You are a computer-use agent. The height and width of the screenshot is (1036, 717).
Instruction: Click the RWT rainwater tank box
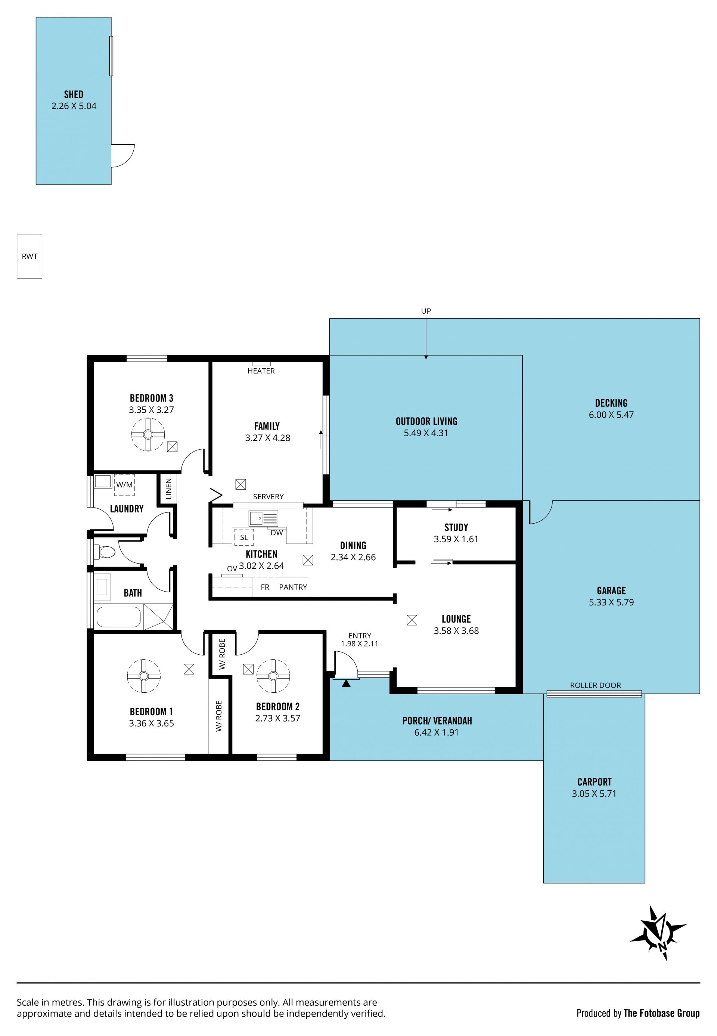[29, 256]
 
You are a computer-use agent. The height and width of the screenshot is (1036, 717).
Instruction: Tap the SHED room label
[74, 94]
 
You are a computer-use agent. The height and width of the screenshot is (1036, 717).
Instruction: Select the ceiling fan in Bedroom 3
[148, 434]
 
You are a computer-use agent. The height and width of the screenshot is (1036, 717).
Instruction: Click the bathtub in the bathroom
[119, 617]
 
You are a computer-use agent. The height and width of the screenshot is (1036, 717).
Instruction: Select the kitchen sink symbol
[264, 518]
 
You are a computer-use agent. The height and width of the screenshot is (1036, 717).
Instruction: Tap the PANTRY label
[293, 587]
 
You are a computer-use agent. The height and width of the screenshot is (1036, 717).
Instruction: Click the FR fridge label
[265, 587]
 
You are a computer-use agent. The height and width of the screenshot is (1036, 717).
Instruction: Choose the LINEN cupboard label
[169, 489]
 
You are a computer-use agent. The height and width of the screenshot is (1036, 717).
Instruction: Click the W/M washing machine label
[124, 485]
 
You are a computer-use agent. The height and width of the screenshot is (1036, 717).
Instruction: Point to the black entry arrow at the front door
[346, 684]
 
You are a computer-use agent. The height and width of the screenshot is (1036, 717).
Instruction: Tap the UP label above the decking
[426, 311]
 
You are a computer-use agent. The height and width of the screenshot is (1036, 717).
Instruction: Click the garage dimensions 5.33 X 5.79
[611, 602]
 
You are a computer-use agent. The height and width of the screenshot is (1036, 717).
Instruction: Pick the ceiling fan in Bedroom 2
[273, 676]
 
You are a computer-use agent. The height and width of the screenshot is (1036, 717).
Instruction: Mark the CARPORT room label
[595, 782]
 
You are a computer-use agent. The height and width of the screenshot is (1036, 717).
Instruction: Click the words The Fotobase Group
[661, 1013]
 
